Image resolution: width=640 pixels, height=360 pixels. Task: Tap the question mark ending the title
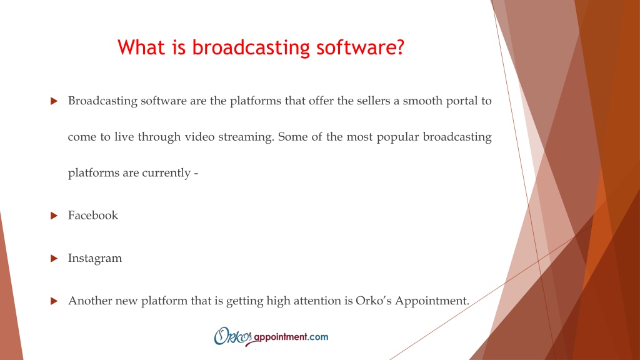point(399,47)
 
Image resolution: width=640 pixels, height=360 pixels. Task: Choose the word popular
point(398,137)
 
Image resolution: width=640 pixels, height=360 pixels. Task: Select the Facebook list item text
point(92,216)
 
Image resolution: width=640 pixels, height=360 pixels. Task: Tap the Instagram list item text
point(95,259)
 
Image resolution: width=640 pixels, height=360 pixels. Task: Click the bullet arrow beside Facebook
point(54,216)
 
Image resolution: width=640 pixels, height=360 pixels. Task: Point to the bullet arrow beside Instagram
point(54,258)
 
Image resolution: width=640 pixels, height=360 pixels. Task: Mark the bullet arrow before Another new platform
point(54,301)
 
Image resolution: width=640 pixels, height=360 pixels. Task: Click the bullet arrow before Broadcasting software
point(54,101)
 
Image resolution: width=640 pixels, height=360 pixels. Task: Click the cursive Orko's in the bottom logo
point(232,336)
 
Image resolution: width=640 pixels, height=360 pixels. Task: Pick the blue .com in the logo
point(318,337)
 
